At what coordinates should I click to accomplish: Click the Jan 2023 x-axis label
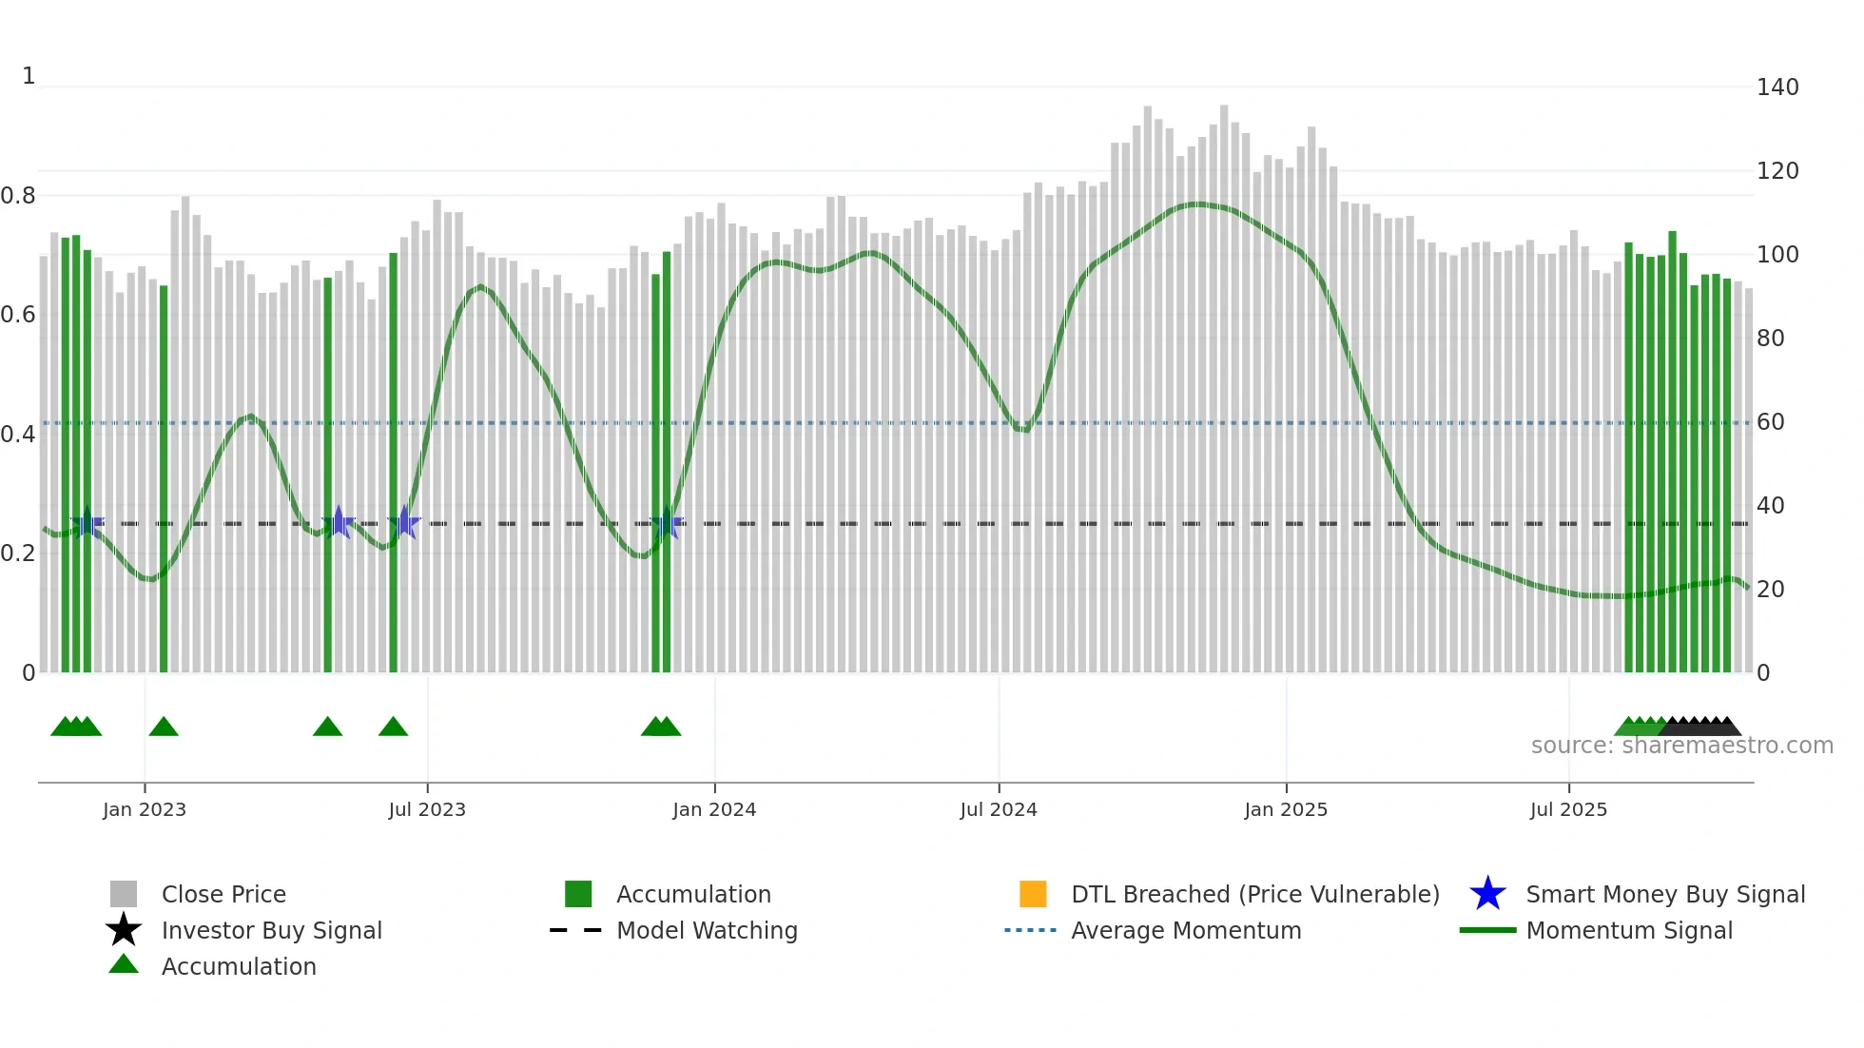tap(145, 809)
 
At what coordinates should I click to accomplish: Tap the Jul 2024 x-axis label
tap(999, 809)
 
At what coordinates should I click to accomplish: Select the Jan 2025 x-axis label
tap(1286, 809)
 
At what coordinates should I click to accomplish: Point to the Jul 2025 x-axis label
tap(1568, 809)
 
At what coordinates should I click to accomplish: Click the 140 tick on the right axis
tap(1777, 87)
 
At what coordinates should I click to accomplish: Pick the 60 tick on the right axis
tap(1770, 422)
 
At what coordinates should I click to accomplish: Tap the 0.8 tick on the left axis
tap(18, 196)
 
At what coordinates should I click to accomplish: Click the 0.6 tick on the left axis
tap(18, 315)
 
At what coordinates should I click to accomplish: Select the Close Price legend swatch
tap(124, 894)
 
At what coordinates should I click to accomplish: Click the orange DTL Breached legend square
tap(1033, 894)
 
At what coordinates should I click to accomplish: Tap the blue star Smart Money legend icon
tap(1487, 894)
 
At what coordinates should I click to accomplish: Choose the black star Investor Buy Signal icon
tap(124, 930)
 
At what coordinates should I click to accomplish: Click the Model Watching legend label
tap(707, 930)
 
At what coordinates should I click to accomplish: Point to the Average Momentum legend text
tap(1186, 930)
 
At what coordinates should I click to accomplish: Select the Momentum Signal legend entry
tap(1629, 930)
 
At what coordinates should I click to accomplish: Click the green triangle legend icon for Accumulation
tap(124, 964)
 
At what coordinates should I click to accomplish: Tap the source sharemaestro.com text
tap(1681, 746)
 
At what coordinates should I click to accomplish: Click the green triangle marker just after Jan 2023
tap(164, 728)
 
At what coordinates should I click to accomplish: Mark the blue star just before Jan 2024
tap(667, 524)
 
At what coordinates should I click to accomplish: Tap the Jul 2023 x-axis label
tap(427, 809)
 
